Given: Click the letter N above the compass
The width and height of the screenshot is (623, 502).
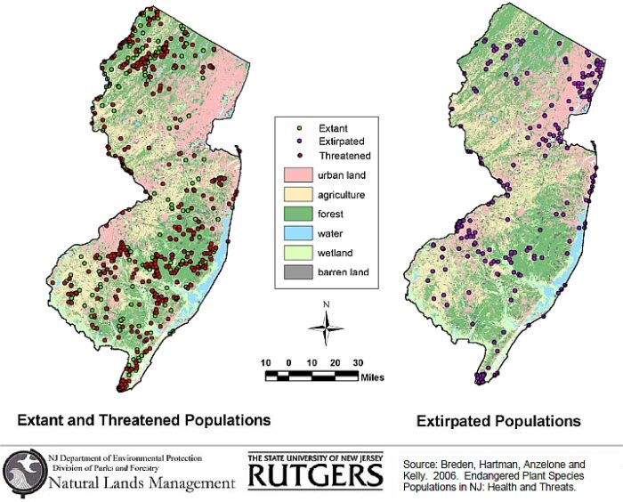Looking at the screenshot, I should click(x=327, y=305).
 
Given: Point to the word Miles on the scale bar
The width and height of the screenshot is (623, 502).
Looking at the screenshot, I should click(x=373, y=376).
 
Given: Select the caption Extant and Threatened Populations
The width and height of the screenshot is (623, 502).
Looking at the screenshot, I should click(x=144, y=419).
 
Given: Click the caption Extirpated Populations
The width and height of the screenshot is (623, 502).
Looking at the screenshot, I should click(x=498, y=420).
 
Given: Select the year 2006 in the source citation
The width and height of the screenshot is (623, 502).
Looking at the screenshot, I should click(x=442, y=476).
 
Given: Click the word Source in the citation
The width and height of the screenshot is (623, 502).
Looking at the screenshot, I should click(x=419, y=465).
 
